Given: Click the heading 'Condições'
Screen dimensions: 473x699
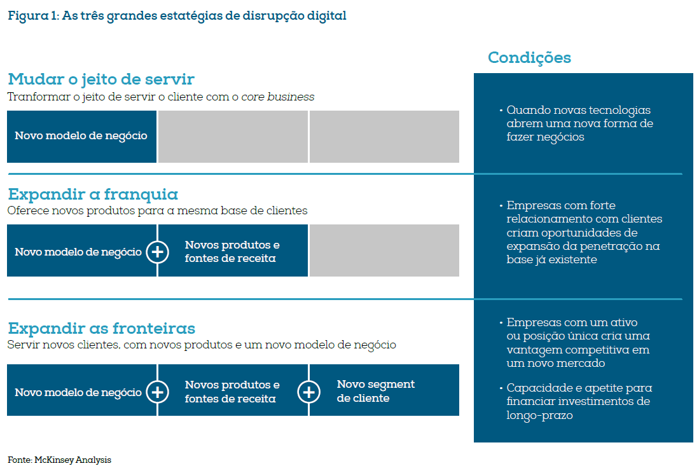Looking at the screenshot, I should pos(529,58).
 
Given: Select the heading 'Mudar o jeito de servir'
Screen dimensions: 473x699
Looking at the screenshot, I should pos(100,79).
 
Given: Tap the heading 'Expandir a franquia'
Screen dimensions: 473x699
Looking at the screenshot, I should pos(92,194).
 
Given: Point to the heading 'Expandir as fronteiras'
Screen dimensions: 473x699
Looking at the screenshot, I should pos(101,329).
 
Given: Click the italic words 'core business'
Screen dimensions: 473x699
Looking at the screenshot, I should pos(277,97).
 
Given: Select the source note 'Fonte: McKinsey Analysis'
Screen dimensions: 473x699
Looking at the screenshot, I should pos(55,459).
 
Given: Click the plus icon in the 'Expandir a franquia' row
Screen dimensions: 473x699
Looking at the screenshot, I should pos(157,252).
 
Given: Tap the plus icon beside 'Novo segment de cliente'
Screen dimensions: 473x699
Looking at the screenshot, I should pos(308,392).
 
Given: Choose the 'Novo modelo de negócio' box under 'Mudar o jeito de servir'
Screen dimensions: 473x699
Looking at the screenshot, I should pos(81,136).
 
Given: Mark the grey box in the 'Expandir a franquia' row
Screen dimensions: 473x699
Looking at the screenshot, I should pos(384,250).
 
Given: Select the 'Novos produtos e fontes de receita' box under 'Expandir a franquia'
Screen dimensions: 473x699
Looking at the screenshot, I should pos(232,252).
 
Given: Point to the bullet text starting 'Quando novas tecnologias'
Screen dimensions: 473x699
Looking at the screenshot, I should pos(579,123).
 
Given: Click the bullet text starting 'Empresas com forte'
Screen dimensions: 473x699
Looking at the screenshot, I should pos(584,233).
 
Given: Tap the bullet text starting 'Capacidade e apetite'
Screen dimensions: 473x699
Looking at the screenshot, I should pos(579,402).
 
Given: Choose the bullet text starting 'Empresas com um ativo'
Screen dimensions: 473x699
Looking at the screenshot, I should pos(578,343).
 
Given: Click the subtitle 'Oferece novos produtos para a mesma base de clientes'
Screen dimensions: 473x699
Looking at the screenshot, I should pos(157,210).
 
